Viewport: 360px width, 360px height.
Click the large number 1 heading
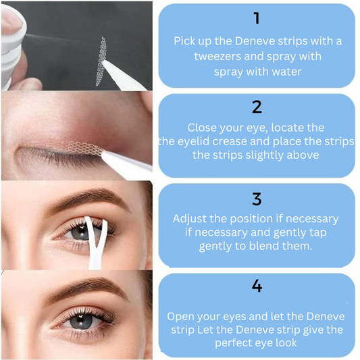click(257, 18)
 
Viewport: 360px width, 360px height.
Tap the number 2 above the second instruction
click(257, 107)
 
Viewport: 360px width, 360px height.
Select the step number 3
click(257, 199)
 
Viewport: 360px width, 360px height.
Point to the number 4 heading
click(257, 286)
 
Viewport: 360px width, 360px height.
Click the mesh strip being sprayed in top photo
click(101, 61)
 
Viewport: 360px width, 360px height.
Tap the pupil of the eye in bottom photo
click(81, 319)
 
